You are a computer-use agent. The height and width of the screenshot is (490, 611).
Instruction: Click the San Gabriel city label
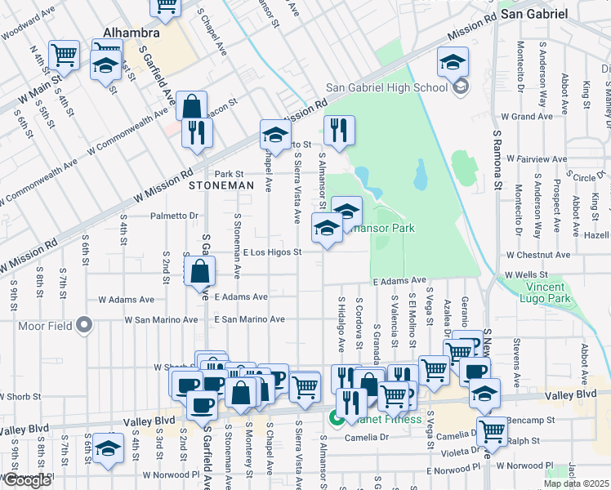pyautogui.click(x=534, y=14)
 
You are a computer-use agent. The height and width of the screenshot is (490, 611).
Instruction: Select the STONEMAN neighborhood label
pyautogui.click(x=221, y=186)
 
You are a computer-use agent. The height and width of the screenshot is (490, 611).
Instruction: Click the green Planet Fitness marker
pyautogui.click(x=335, y=420)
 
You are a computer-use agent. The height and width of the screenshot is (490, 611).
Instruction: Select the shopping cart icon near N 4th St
pyautogui.click(x=64, y=56)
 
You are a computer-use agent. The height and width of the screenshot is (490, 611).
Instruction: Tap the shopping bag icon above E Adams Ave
pyautogui.click(x=200, y=272)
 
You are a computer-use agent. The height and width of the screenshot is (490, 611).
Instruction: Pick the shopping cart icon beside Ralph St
pyautogui.click(x=493, y=430)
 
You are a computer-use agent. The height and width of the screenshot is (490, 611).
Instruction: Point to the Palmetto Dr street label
pyautogui.click(x=174, y=216)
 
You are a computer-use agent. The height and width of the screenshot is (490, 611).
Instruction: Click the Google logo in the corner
pyautogui.click(x=27, y=480)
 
